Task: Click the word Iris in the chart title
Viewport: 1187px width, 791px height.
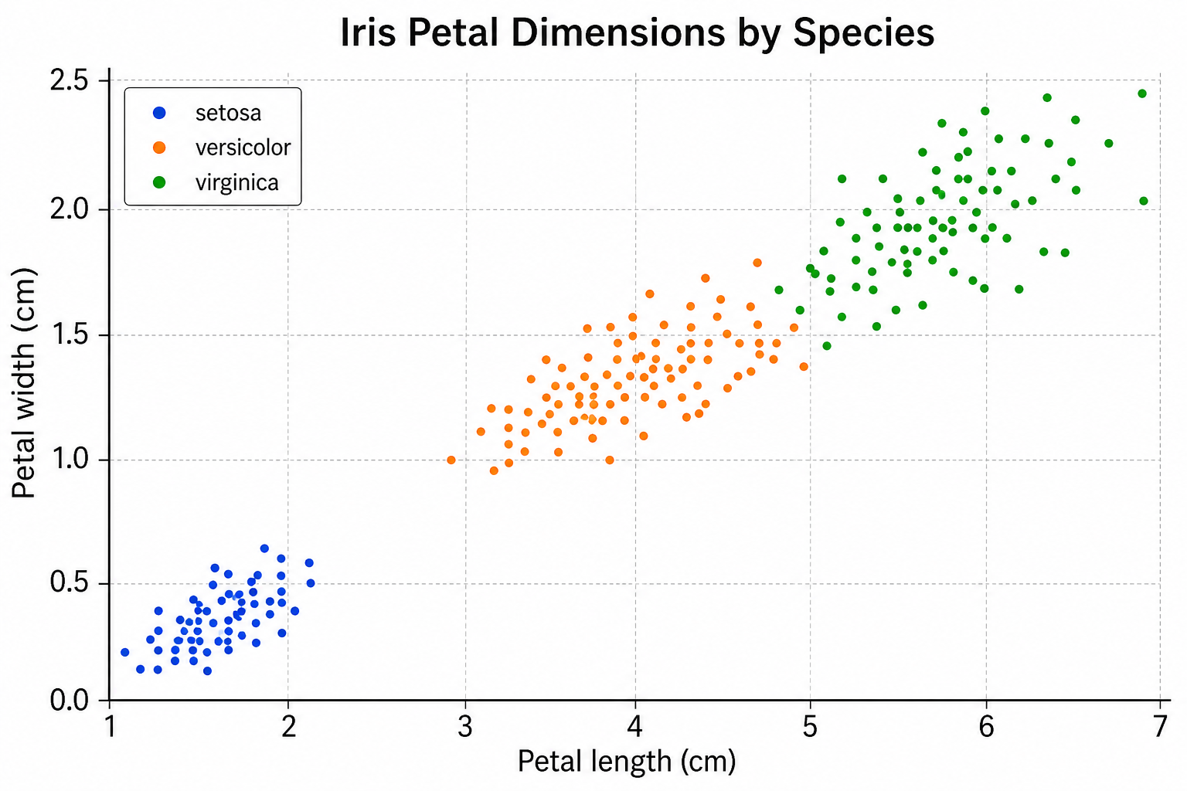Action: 368,33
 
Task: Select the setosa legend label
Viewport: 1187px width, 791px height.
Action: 229,113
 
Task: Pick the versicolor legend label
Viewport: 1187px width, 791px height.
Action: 243,148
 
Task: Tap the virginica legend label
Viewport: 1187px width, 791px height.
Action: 237,183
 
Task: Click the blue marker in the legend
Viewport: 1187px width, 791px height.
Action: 159,112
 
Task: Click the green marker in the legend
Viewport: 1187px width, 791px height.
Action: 159,182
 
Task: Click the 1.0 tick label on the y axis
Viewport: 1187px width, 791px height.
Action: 70,459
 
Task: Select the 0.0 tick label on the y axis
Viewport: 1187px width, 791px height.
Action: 70,701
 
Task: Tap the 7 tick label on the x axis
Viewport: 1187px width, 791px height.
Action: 1160,727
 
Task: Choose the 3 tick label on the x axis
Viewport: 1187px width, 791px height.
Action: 465,727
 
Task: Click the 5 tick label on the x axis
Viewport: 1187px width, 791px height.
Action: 810,727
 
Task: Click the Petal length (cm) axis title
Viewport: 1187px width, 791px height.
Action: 627,762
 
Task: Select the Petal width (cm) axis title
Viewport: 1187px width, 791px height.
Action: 23,383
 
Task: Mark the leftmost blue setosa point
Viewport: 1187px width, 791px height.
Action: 125,652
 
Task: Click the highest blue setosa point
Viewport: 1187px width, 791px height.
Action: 264,548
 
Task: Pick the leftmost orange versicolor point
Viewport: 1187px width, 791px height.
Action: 451,460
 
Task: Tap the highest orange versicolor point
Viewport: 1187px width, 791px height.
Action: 757,263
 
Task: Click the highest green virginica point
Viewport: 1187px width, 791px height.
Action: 1142,93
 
